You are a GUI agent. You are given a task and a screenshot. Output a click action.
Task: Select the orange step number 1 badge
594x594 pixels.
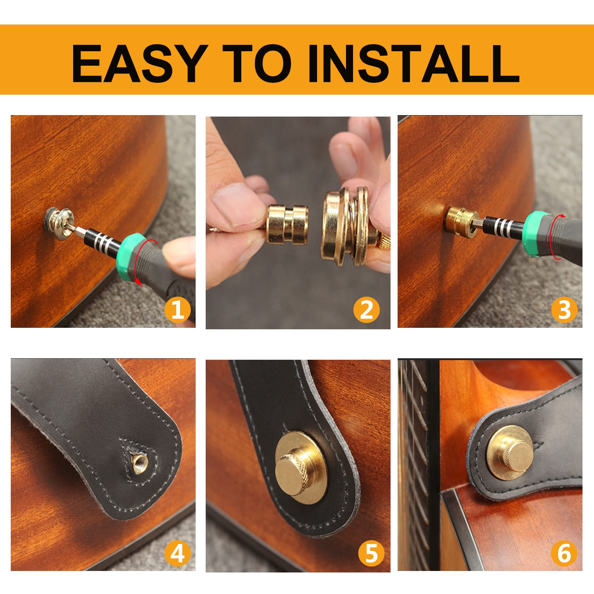coord(177,309)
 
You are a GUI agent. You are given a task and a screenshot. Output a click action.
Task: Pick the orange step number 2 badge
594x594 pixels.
coord(366,309)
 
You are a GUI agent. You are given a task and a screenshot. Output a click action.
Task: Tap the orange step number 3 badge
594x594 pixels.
coord(564,309)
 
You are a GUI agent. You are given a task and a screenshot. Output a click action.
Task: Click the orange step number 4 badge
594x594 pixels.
coord(177,554)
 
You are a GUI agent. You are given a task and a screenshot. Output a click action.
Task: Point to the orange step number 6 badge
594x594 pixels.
coord(564,554)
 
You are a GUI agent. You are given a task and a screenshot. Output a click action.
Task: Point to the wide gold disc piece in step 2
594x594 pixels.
coord(336,227)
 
